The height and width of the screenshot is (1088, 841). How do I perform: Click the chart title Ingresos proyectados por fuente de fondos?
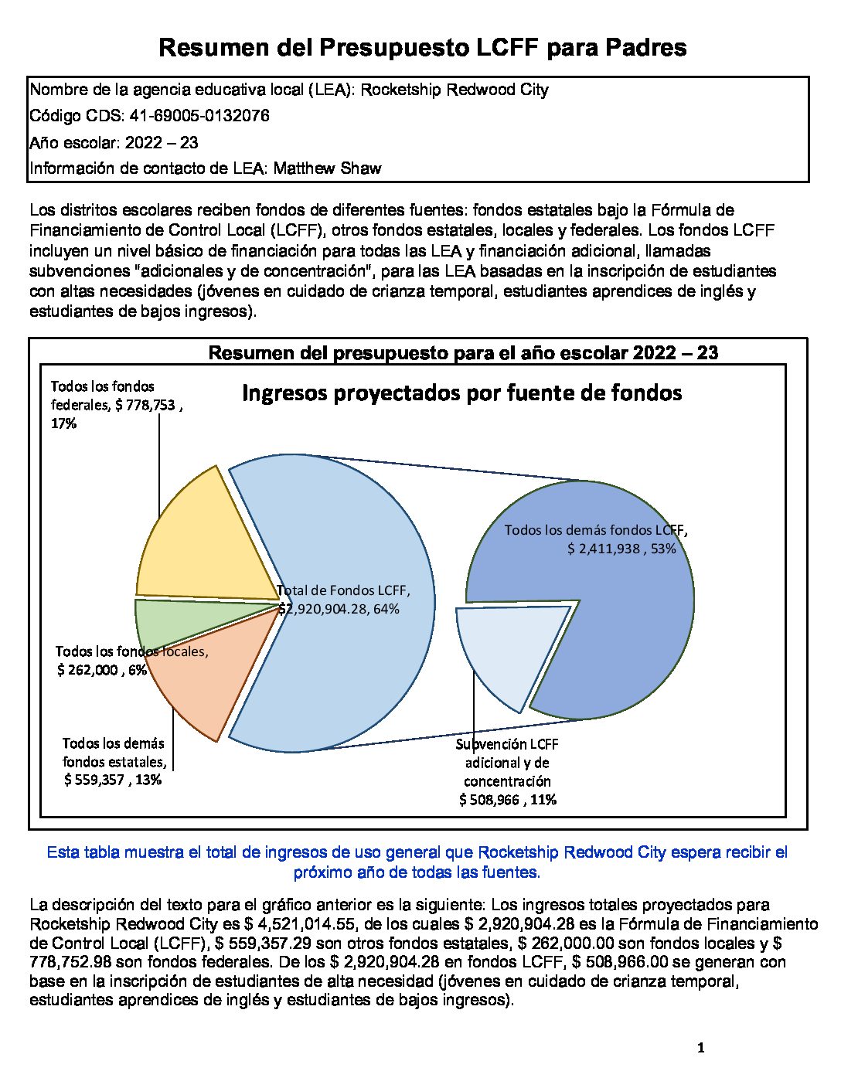click(x=461, y=393)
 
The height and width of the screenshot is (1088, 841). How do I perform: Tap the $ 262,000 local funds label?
click(x=101, y=670)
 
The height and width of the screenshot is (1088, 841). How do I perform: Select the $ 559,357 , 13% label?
click(x=113, y=780)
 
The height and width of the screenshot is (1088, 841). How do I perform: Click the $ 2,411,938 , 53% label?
click(x=621, y=549)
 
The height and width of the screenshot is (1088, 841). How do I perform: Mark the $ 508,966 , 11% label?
click(x=508, y=800)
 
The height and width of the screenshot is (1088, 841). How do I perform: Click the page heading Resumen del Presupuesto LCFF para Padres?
click(x=422, y=48)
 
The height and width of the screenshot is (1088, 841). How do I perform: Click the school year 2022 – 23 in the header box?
click(x=162, y=142)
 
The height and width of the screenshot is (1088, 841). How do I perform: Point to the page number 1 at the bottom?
click(x=700, y=1049)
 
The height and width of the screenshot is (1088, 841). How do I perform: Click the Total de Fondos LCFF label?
click(x=343, y=591)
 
